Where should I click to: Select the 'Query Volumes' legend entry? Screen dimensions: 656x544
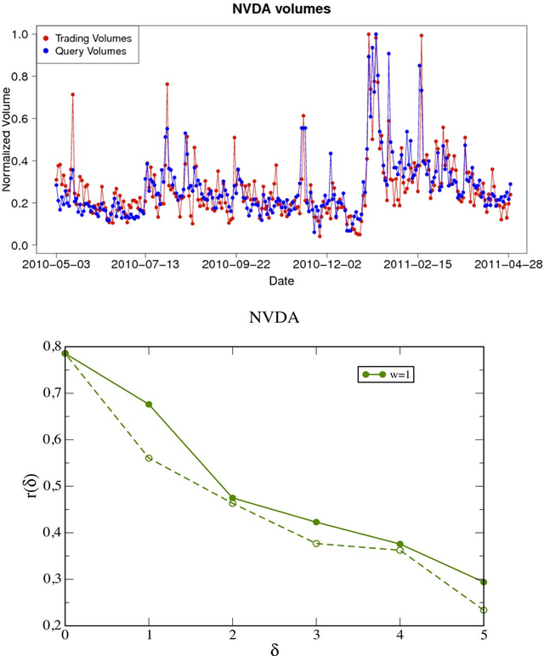(93, 51)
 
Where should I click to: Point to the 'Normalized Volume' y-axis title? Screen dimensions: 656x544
(8, 140)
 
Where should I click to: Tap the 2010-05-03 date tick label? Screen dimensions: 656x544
(57, 264)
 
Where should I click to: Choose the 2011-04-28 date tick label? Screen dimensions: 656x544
(509, 264)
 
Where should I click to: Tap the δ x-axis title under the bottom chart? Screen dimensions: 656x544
(274, 649)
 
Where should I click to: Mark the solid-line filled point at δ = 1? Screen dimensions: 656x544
(149, 404)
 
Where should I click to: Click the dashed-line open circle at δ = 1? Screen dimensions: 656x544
(149, 458)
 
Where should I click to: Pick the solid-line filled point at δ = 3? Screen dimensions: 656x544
(316, 522)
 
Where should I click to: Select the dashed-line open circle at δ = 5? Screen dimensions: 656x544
(484, 610)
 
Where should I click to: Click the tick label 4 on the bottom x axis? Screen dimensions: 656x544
(400, 634)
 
